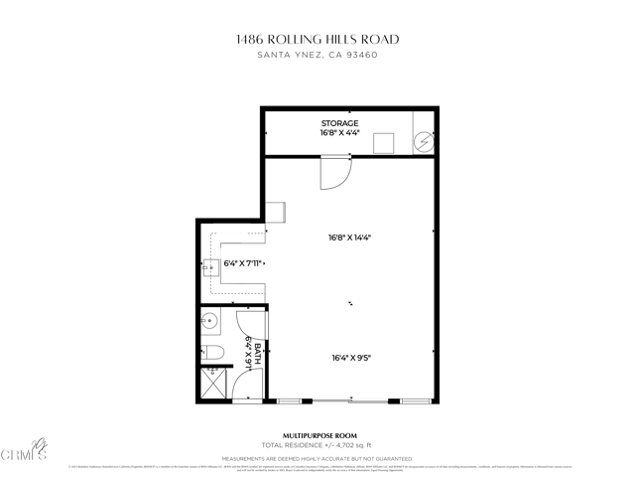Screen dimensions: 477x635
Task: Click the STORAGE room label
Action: point(338,122)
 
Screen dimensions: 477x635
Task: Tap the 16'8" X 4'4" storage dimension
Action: point(338,132)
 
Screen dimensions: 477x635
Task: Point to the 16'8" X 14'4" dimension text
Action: point(348,238)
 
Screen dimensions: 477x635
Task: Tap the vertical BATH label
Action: point(257,352)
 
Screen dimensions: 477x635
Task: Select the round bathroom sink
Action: point(209,320)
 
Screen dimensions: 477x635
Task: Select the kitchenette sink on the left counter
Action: point(209,266)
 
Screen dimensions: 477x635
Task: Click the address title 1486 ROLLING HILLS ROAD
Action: point(317,39)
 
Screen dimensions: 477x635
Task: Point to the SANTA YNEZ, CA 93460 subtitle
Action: point(317,55)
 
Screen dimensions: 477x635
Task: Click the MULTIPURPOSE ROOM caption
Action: point(317,435)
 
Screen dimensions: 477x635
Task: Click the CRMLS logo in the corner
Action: point(24,452)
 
